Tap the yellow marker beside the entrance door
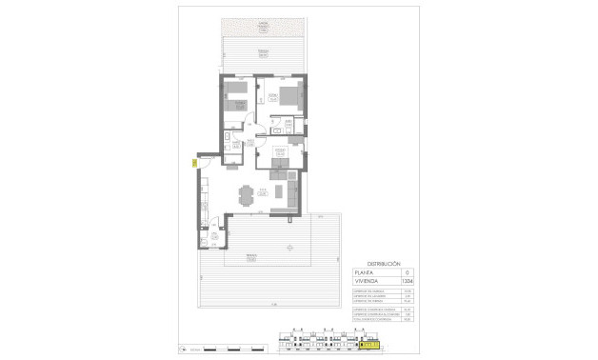[x=194, y=163]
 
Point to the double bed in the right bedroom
[x=289, y=95]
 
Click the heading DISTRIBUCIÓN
[x=383, y=263]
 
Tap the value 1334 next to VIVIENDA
[x=409, y=281]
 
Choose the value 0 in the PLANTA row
[x=409, y=272]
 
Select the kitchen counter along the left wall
[x=204, y=200]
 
